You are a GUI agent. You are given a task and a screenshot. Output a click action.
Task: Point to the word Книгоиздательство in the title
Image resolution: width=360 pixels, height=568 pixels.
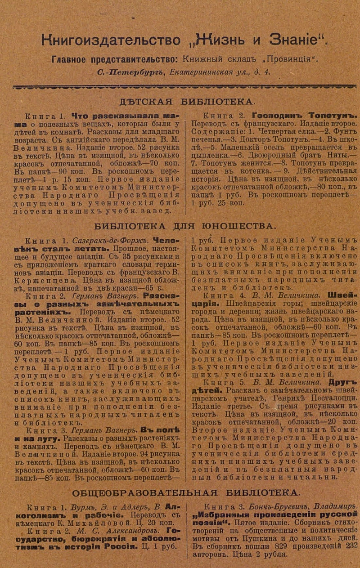pos(111,40)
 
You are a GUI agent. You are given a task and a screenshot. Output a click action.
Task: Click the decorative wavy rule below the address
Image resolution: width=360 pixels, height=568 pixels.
pos(184,86)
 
